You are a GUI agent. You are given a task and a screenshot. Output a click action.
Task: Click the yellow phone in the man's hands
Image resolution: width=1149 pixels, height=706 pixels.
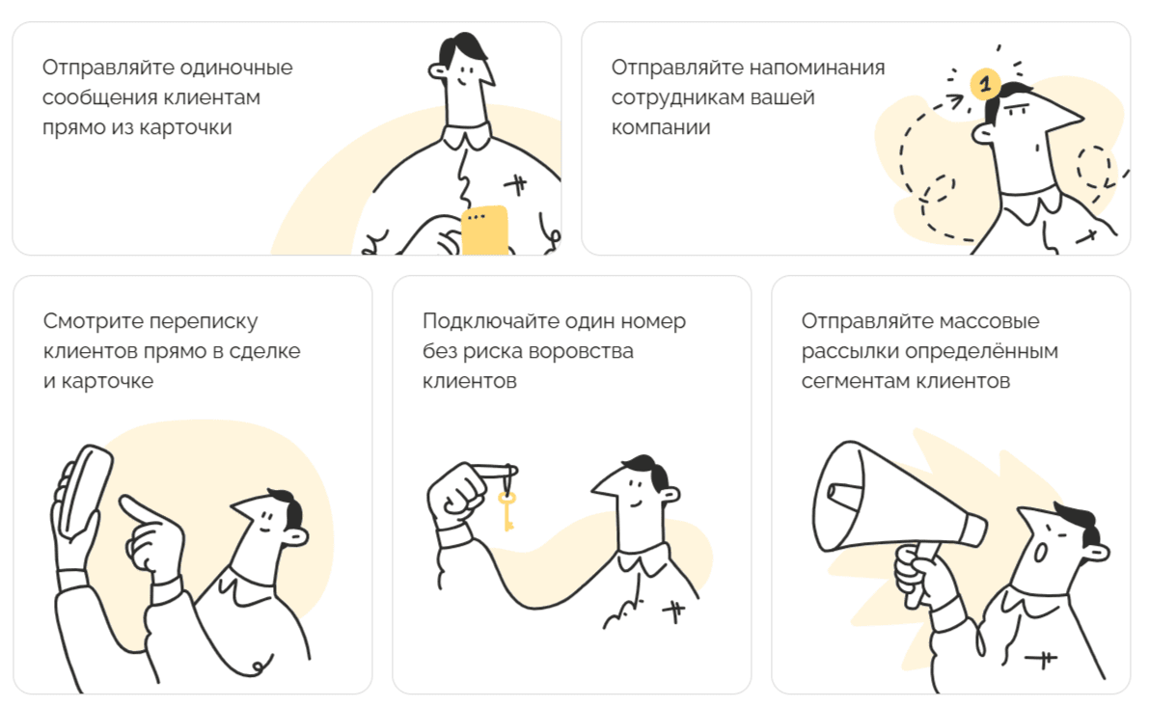click(484, 230)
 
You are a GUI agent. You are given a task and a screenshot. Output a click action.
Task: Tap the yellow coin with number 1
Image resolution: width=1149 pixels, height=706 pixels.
click(983, 85)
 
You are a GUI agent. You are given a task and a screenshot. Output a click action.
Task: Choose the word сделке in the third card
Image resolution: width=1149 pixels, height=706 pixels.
click(267, 351)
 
